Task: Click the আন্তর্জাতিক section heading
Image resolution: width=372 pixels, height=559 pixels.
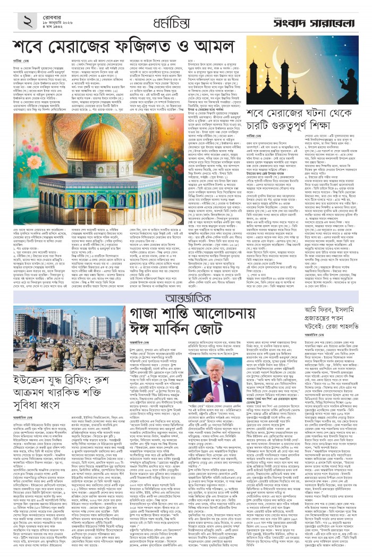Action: (185, 295)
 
